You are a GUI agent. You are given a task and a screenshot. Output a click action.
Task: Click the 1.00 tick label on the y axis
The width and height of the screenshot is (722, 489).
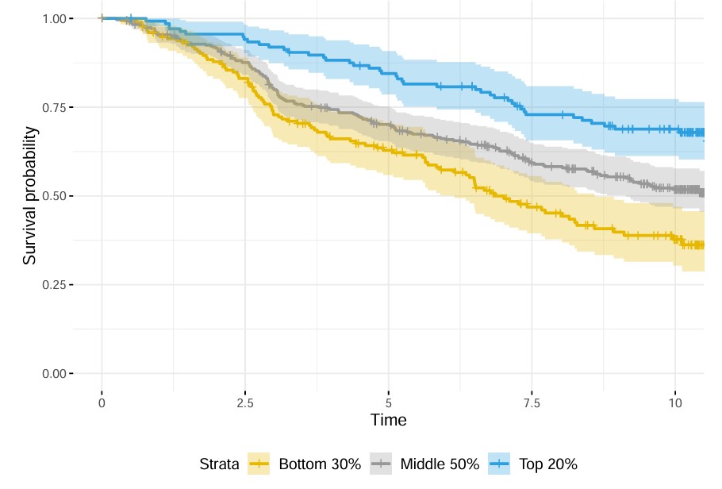point(56,18)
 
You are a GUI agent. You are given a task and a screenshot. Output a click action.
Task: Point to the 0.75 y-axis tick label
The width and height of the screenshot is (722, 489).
point(56,107)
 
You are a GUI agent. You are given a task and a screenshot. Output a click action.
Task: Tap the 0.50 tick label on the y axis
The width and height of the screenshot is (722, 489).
point(56,196)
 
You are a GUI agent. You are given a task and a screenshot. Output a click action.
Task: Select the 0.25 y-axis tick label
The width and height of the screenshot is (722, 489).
point(56,285)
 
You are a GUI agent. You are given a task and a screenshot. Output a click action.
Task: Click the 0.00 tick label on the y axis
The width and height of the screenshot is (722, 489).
point(56,374)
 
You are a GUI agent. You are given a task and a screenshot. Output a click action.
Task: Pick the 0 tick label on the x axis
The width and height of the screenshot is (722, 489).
point(102,402)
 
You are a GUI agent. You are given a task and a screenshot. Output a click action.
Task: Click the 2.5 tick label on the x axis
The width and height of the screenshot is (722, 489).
point(245,402)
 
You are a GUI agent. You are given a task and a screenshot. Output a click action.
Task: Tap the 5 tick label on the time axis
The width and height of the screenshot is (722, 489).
point(389,402)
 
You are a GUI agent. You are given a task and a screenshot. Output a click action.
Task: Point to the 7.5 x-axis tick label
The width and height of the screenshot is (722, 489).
point(532,402)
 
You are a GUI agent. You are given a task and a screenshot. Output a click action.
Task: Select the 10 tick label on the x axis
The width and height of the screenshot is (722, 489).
point(675,402)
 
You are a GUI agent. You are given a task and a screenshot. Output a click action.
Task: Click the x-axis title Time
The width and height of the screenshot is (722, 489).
point(389,421)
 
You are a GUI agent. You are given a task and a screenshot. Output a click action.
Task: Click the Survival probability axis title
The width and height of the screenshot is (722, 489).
point(29,195)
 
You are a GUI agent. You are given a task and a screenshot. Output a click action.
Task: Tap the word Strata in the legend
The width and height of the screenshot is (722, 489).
point(219,464)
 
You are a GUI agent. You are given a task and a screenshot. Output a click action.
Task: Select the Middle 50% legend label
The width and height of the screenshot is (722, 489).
point(440,464)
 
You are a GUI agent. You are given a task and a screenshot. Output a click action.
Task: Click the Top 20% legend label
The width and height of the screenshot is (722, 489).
point(548,464)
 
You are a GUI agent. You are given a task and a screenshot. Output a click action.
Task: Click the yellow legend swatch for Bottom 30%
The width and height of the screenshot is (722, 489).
point(259,464)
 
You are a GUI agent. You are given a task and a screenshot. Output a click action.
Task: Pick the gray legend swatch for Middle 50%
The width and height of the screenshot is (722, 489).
point(382,464)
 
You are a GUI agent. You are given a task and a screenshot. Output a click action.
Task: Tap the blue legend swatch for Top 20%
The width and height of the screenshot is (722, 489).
point(500,464)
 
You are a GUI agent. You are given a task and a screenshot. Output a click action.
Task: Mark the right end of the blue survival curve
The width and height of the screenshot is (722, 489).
point(704,133)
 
